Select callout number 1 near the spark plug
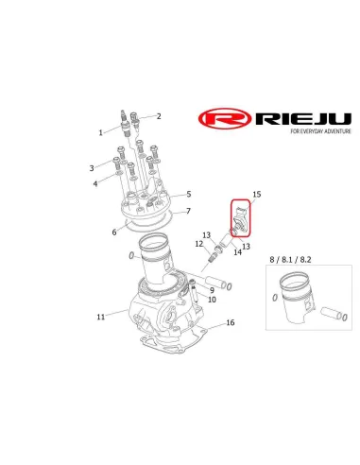100,133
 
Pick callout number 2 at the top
159,116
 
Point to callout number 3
93,167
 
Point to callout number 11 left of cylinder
100,317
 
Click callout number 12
200,244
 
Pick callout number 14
237,253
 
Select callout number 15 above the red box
256,195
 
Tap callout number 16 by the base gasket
230,323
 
